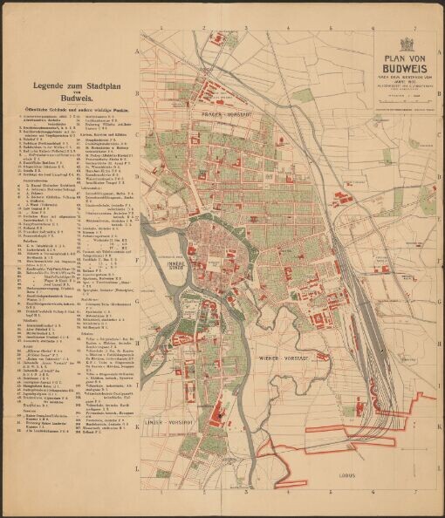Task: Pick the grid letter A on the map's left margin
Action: point(138,51)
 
